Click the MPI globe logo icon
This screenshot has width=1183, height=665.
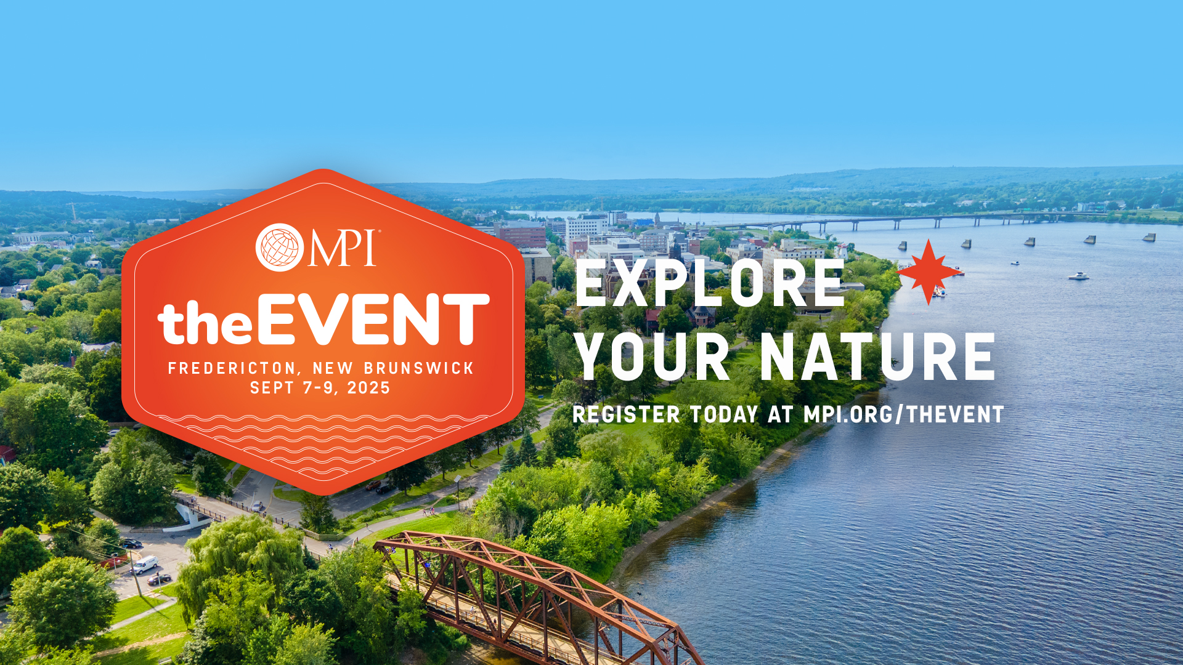click(x=280, y=248)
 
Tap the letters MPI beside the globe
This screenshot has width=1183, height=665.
click(x=343, y=248)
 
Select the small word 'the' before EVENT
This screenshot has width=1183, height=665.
click(x=205, y=323)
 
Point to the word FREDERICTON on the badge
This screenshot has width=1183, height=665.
click(x=232, y=368)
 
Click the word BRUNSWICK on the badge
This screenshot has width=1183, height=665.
click(x=418, y=368)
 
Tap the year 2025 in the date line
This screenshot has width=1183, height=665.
click(x=368, y=388)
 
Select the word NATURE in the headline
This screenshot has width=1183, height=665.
click(x=877, y=357)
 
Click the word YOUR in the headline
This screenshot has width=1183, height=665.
click(x=652, y=357)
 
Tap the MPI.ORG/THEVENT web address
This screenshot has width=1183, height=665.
click(x=904, y=414)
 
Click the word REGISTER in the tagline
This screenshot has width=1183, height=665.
click(x=626, y=414)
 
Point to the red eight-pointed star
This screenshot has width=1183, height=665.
click(x=929, y=272)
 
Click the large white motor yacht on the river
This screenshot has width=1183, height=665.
click(x=1078, y=276)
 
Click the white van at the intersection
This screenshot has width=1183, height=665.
click(x=145, y=565)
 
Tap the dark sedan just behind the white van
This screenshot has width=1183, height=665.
click(x=159, y=579)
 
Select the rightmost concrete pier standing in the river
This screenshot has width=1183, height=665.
click(x=1149, y=237)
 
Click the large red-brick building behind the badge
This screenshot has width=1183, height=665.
click(x=521, y=235)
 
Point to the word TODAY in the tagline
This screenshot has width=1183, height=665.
click(x=724, y=414)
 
